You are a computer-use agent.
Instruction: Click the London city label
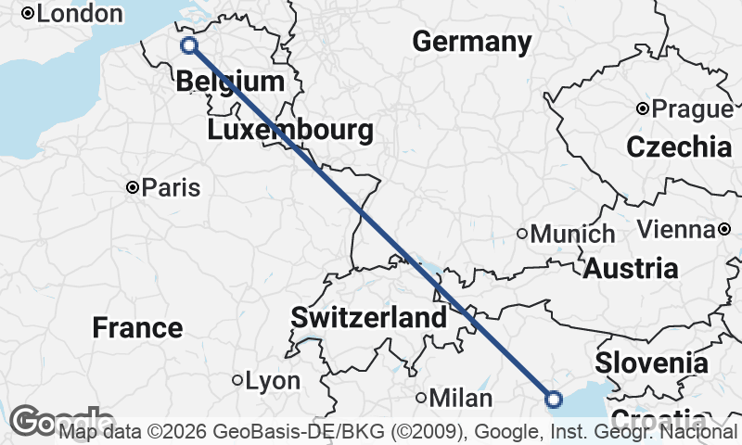[80, 14]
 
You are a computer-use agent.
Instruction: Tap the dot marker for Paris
[134, 188]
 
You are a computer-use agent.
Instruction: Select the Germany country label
[472, 42]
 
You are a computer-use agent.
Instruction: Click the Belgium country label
[229, 82]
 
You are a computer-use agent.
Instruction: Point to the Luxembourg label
[290, 130]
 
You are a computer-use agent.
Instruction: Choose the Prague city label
[692, 109]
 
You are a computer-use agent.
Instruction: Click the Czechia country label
[679, 146]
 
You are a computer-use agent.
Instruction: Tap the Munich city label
[572, 235]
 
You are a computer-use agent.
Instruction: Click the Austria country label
[630, 269]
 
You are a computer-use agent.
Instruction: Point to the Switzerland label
[368, 318]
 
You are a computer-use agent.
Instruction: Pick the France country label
[137, 327]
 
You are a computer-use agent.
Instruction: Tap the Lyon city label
[272, 381]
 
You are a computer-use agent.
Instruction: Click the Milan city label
[460, 399]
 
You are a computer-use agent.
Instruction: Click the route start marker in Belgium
[189, 45]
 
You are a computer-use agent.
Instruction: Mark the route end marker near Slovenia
[554, 400]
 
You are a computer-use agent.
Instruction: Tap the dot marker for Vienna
[723, 229]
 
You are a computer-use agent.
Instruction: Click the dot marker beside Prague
[642, 109]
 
